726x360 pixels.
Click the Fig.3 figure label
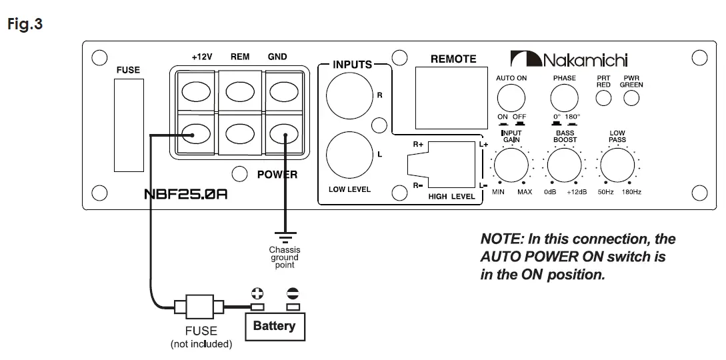(25, 23)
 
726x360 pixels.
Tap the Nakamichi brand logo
(569, 59)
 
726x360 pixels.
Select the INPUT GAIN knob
(511, 165)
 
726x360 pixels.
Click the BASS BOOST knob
(565, 165)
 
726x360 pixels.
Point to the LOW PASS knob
(617, 165)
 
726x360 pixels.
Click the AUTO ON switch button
(511, 99)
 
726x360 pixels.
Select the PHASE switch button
(565, 99)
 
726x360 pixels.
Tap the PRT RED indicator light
(603, 98)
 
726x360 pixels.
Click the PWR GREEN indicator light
(631, 98)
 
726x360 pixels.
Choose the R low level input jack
(349, 96)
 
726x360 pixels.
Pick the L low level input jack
(349, 155)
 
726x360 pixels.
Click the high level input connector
(441, 164)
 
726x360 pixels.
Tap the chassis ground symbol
(285, 237)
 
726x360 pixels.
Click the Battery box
(275, 327)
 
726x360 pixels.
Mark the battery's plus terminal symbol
(257, 293)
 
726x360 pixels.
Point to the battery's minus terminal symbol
(293, 293)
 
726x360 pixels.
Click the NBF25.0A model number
(186, 193)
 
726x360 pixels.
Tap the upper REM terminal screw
(240, 91)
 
